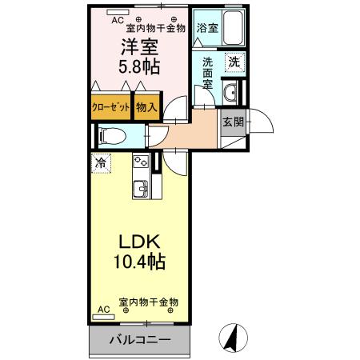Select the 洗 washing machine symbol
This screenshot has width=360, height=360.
pos(233,61)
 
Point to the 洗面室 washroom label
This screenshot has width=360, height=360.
pos(207,72)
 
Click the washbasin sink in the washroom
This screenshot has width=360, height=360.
pos(232,90)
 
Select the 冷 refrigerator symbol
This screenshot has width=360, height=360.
pos(101,164)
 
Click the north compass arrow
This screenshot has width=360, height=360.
pos(233,337)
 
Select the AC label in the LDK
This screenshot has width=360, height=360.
pos(102,308)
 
